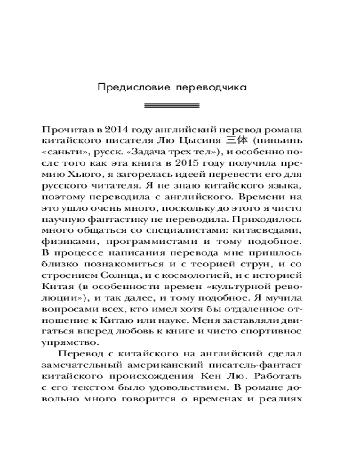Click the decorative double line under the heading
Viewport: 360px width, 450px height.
171,105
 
